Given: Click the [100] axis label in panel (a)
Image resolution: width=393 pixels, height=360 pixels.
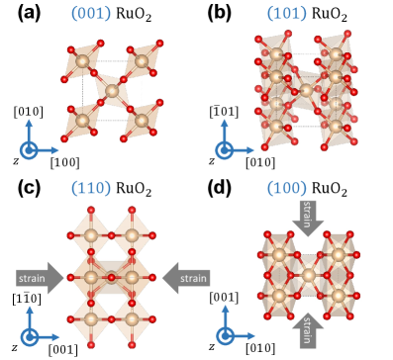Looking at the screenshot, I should point(63,161).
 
